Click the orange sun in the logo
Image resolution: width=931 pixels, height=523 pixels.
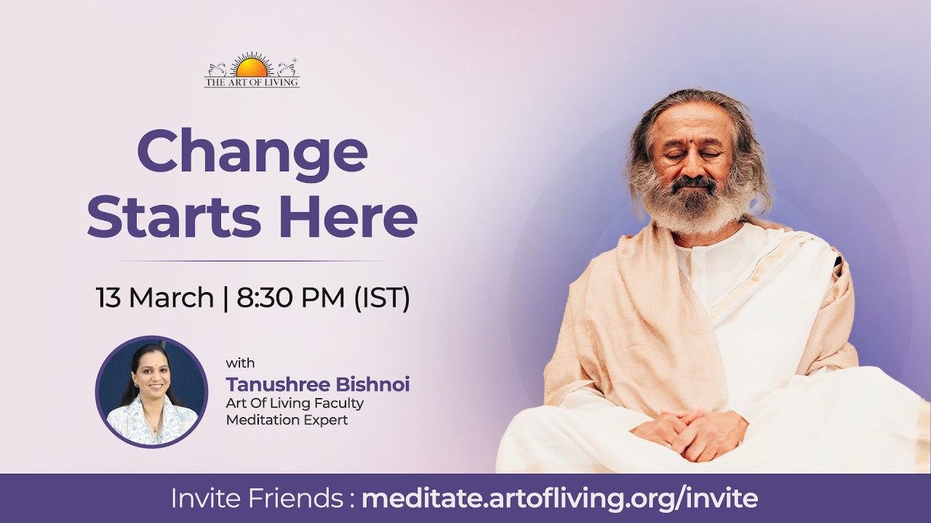pyautogui.click(x=252, y=68)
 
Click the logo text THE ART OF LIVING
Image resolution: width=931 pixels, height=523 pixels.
pyautogui.click(x=252, y=82)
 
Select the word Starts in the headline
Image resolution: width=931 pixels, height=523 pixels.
pyautogui.click(x=174, y=217)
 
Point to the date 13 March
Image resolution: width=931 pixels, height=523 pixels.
pyautogui.click(x=155, y=297)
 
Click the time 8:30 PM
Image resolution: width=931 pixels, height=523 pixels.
pyautogui.click(x=290, y=297)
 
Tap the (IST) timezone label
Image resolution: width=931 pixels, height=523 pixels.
pyautogui.click(x=382, y=298)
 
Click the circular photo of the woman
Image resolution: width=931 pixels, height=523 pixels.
pyautogui.click(x=152, y=392)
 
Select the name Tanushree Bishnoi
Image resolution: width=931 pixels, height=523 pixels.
pyautogui.click(x=318, y=384)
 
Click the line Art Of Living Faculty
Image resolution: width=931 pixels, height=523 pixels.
pyautogui.click(x=295, y=403)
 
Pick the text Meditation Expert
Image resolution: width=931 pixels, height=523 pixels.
pyautogui.click(x=287, y=420)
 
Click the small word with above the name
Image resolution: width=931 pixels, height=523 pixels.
pyautogui.click(x=240, y=363)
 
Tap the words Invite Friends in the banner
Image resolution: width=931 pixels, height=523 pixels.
pyautogui.click(x=257, y=498)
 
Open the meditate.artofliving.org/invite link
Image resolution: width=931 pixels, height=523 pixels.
pyautogui.click(x=560, y=499)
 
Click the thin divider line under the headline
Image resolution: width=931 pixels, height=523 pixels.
pyautogui.click(x=252, y=261)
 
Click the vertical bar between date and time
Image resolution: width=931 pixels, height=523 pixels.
pyautogui.click(x=225, y=298)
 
